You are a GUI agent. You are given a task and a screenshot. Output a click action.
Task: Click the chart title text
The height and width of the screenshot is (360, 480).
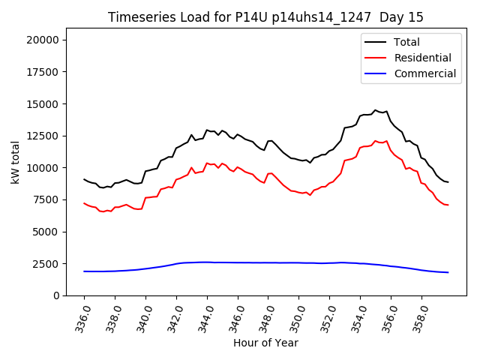265,17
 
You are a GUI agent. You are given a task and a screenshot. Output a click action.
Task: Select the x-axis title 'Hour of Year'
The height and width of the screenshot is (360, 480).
265,343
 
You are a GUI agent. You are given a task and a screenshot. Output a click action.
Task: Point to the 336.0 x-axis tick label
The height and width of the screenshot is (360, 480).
79,316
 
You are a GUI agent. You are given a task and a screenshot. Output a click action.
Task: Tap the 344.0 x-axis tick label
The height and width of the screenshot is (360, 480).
202,316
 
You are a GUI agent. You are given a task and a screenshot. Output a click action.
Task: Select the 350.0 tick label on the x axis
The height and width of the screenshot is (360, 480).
293,316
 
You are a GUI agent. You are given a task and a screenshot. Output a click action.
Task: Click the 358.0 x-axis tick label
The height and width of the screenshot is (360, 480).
416,316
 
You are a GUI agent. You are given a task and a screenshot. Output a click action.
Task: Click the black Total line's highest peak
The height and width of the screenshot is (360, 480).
376,110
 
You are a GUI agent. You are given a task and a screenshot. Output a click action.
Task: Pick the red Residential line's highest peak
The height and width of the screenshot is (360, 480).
376,141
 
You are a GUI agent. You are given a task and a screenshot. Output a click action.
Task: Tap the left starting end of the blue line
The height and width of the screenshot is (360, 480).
84,271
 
